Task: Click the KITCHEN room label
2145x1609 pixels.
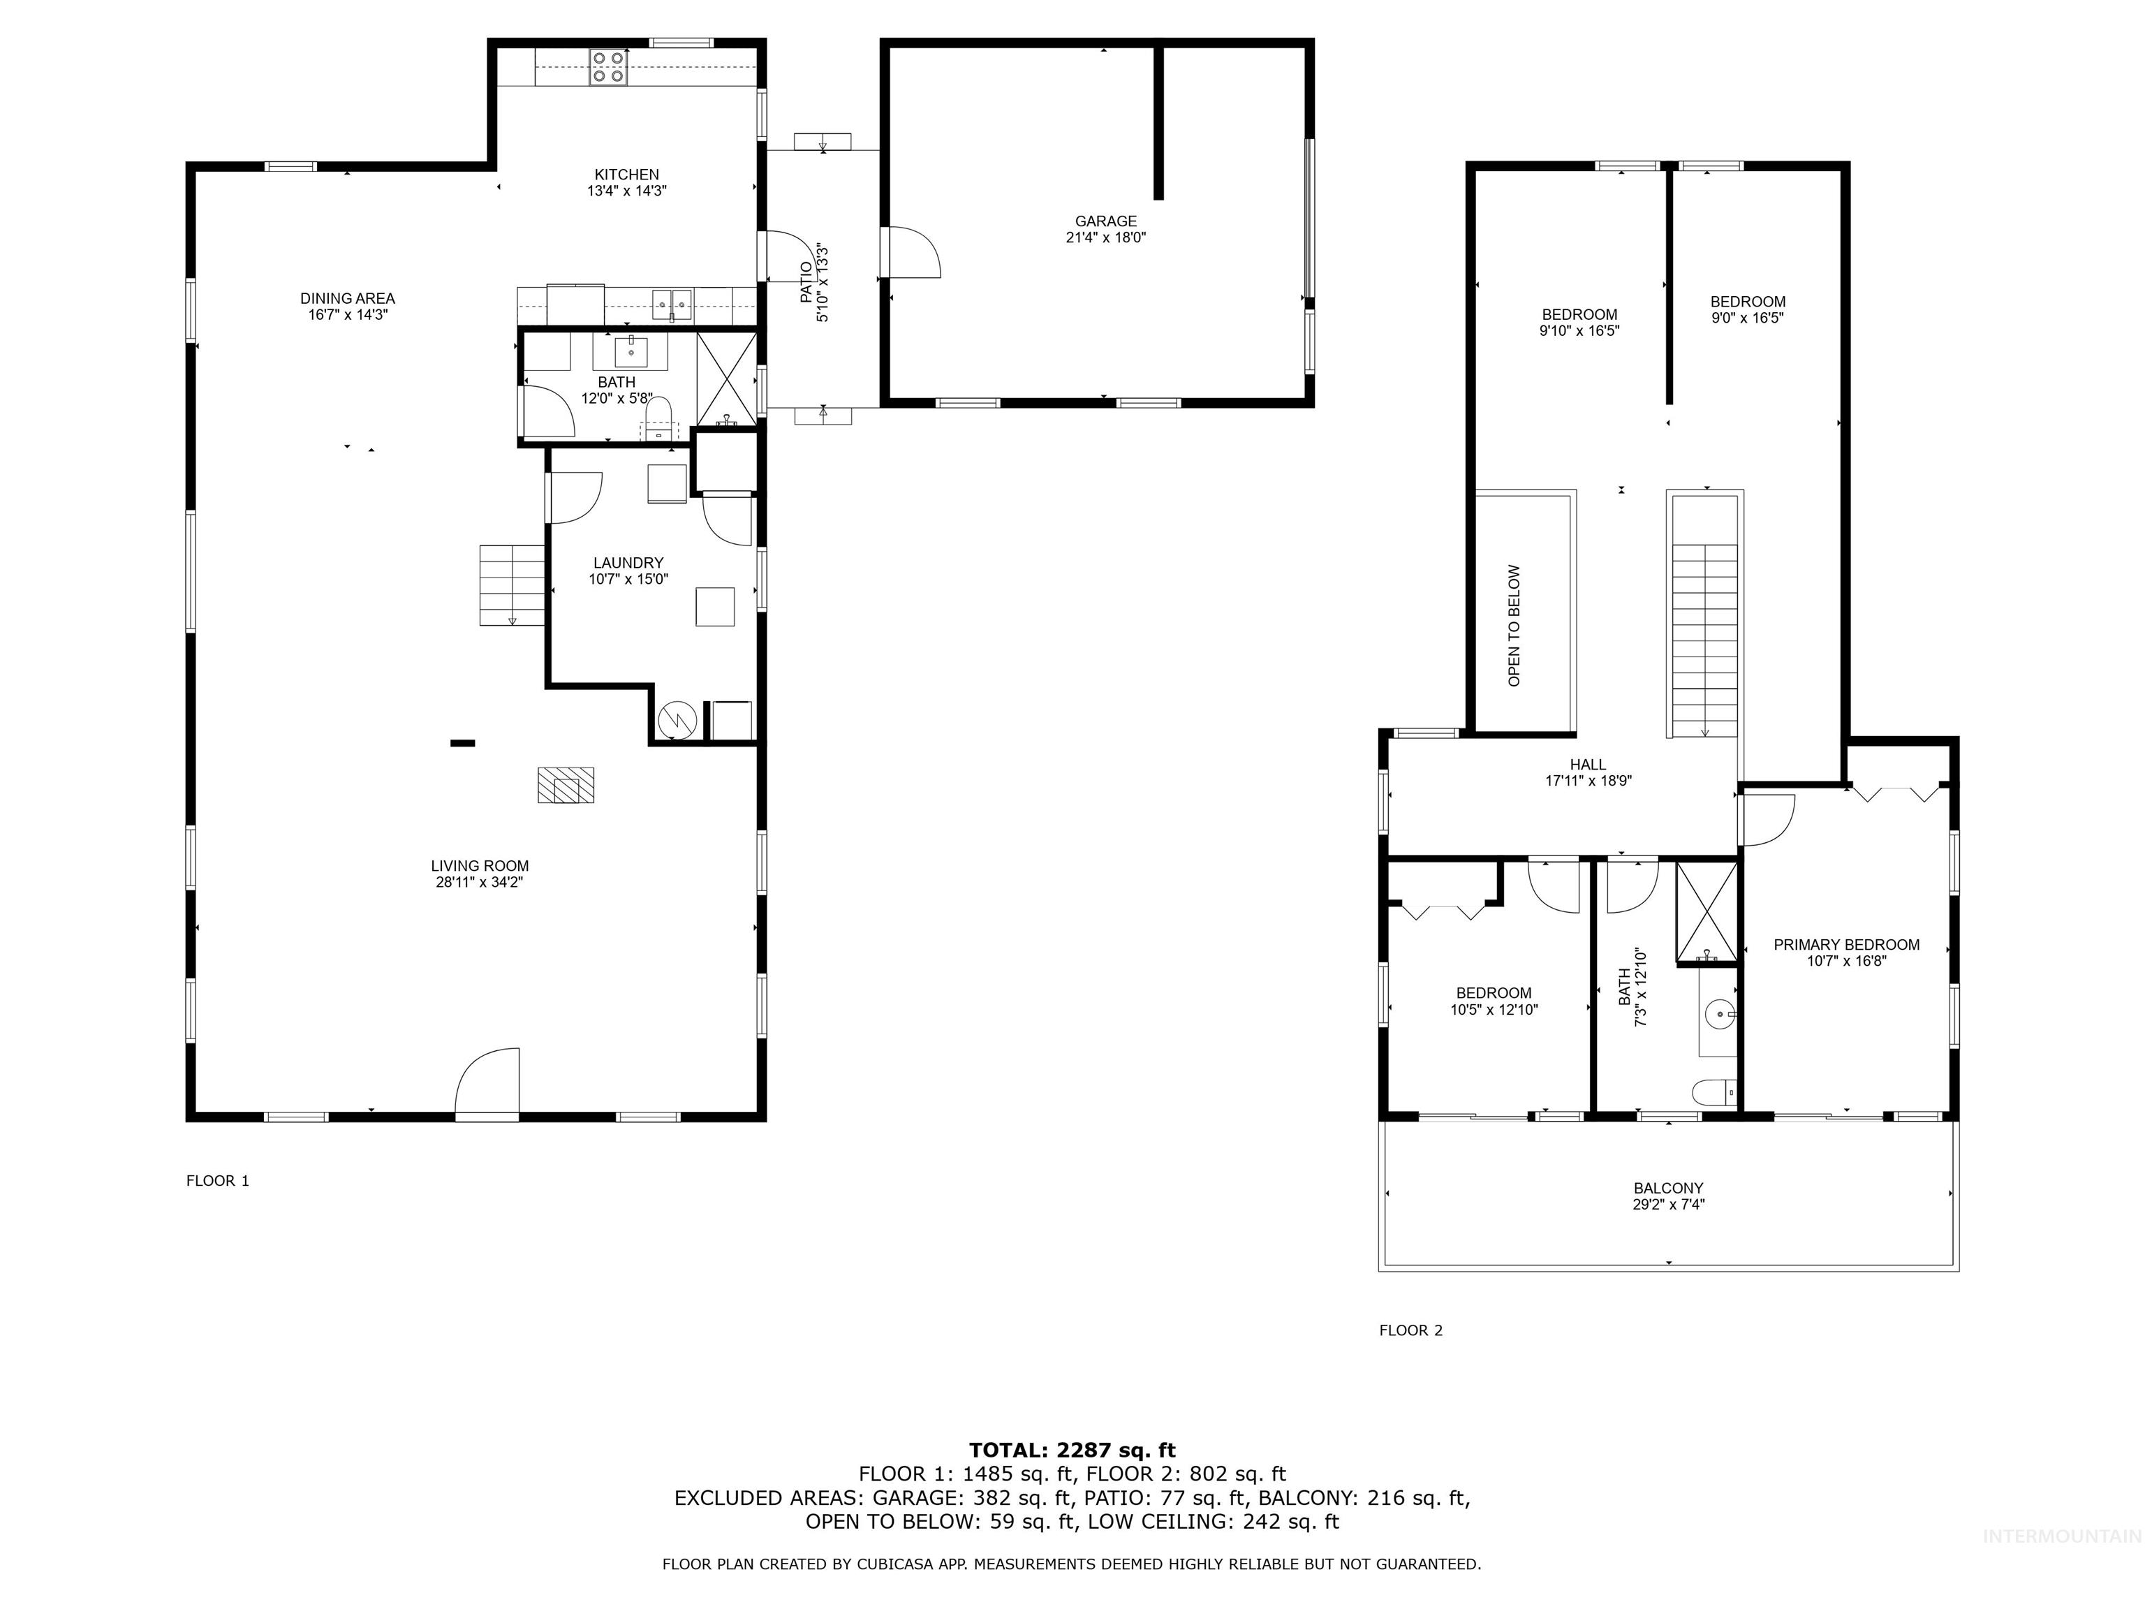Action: tap(626, 175)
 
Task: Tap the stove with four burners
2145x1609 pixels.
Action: tap(608, 67)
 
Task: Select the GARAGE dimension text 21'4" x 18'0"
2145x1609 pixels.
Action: tap(1105, 237)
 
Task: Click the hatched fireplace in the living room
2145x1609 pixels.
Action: tap(566, 785)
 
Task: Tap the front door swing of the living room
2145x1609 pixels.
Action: tap(489, 1080)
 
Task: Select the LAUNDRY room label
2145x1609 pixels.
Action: tap(628, 562)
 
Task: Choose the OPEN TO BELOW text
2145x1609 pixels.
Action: tap(1514, 626)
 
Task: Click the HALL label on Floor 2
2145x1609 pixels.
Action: tap(1589, 764)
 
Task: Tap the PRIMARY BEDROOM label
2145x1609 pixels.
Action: tap(1846, 945)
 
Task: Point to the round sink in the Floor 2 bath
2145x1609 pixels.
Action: tap(1718, 1015)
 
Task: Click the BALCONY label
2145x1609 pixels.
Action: tap(1668, 1188)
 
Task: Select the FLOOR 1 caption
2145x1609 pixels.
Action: tap(217, 1180)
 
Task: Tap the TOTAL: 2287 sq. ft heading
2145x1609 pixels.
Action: tap(1072, 1450)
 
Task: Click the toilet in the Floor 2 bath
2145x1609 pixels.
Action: tap(1713, 1093)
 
